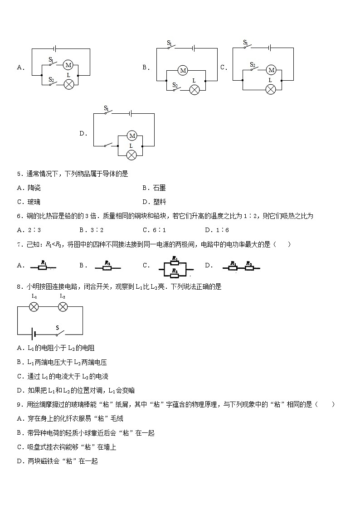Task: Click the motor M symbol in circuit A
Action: click(68, 65)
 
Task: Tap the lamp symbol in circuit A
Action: click(69, 84)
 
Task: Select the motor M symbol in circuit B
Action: click(183, 70)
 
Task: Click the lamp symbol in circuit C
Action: click(271, 89)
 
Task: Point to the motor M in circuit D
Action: click(132, 136)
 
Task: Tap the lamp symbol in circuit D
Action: click(131, 155)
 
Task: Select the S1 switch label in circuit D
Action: click(107, 108)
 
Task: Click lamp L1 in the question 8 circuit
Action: click(34, 307)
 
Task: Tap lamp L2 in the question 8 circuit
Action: click(63, 307)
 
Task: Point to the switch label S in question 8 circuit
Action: click(58, 327)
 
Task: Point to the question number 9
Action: click(19, 405)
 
